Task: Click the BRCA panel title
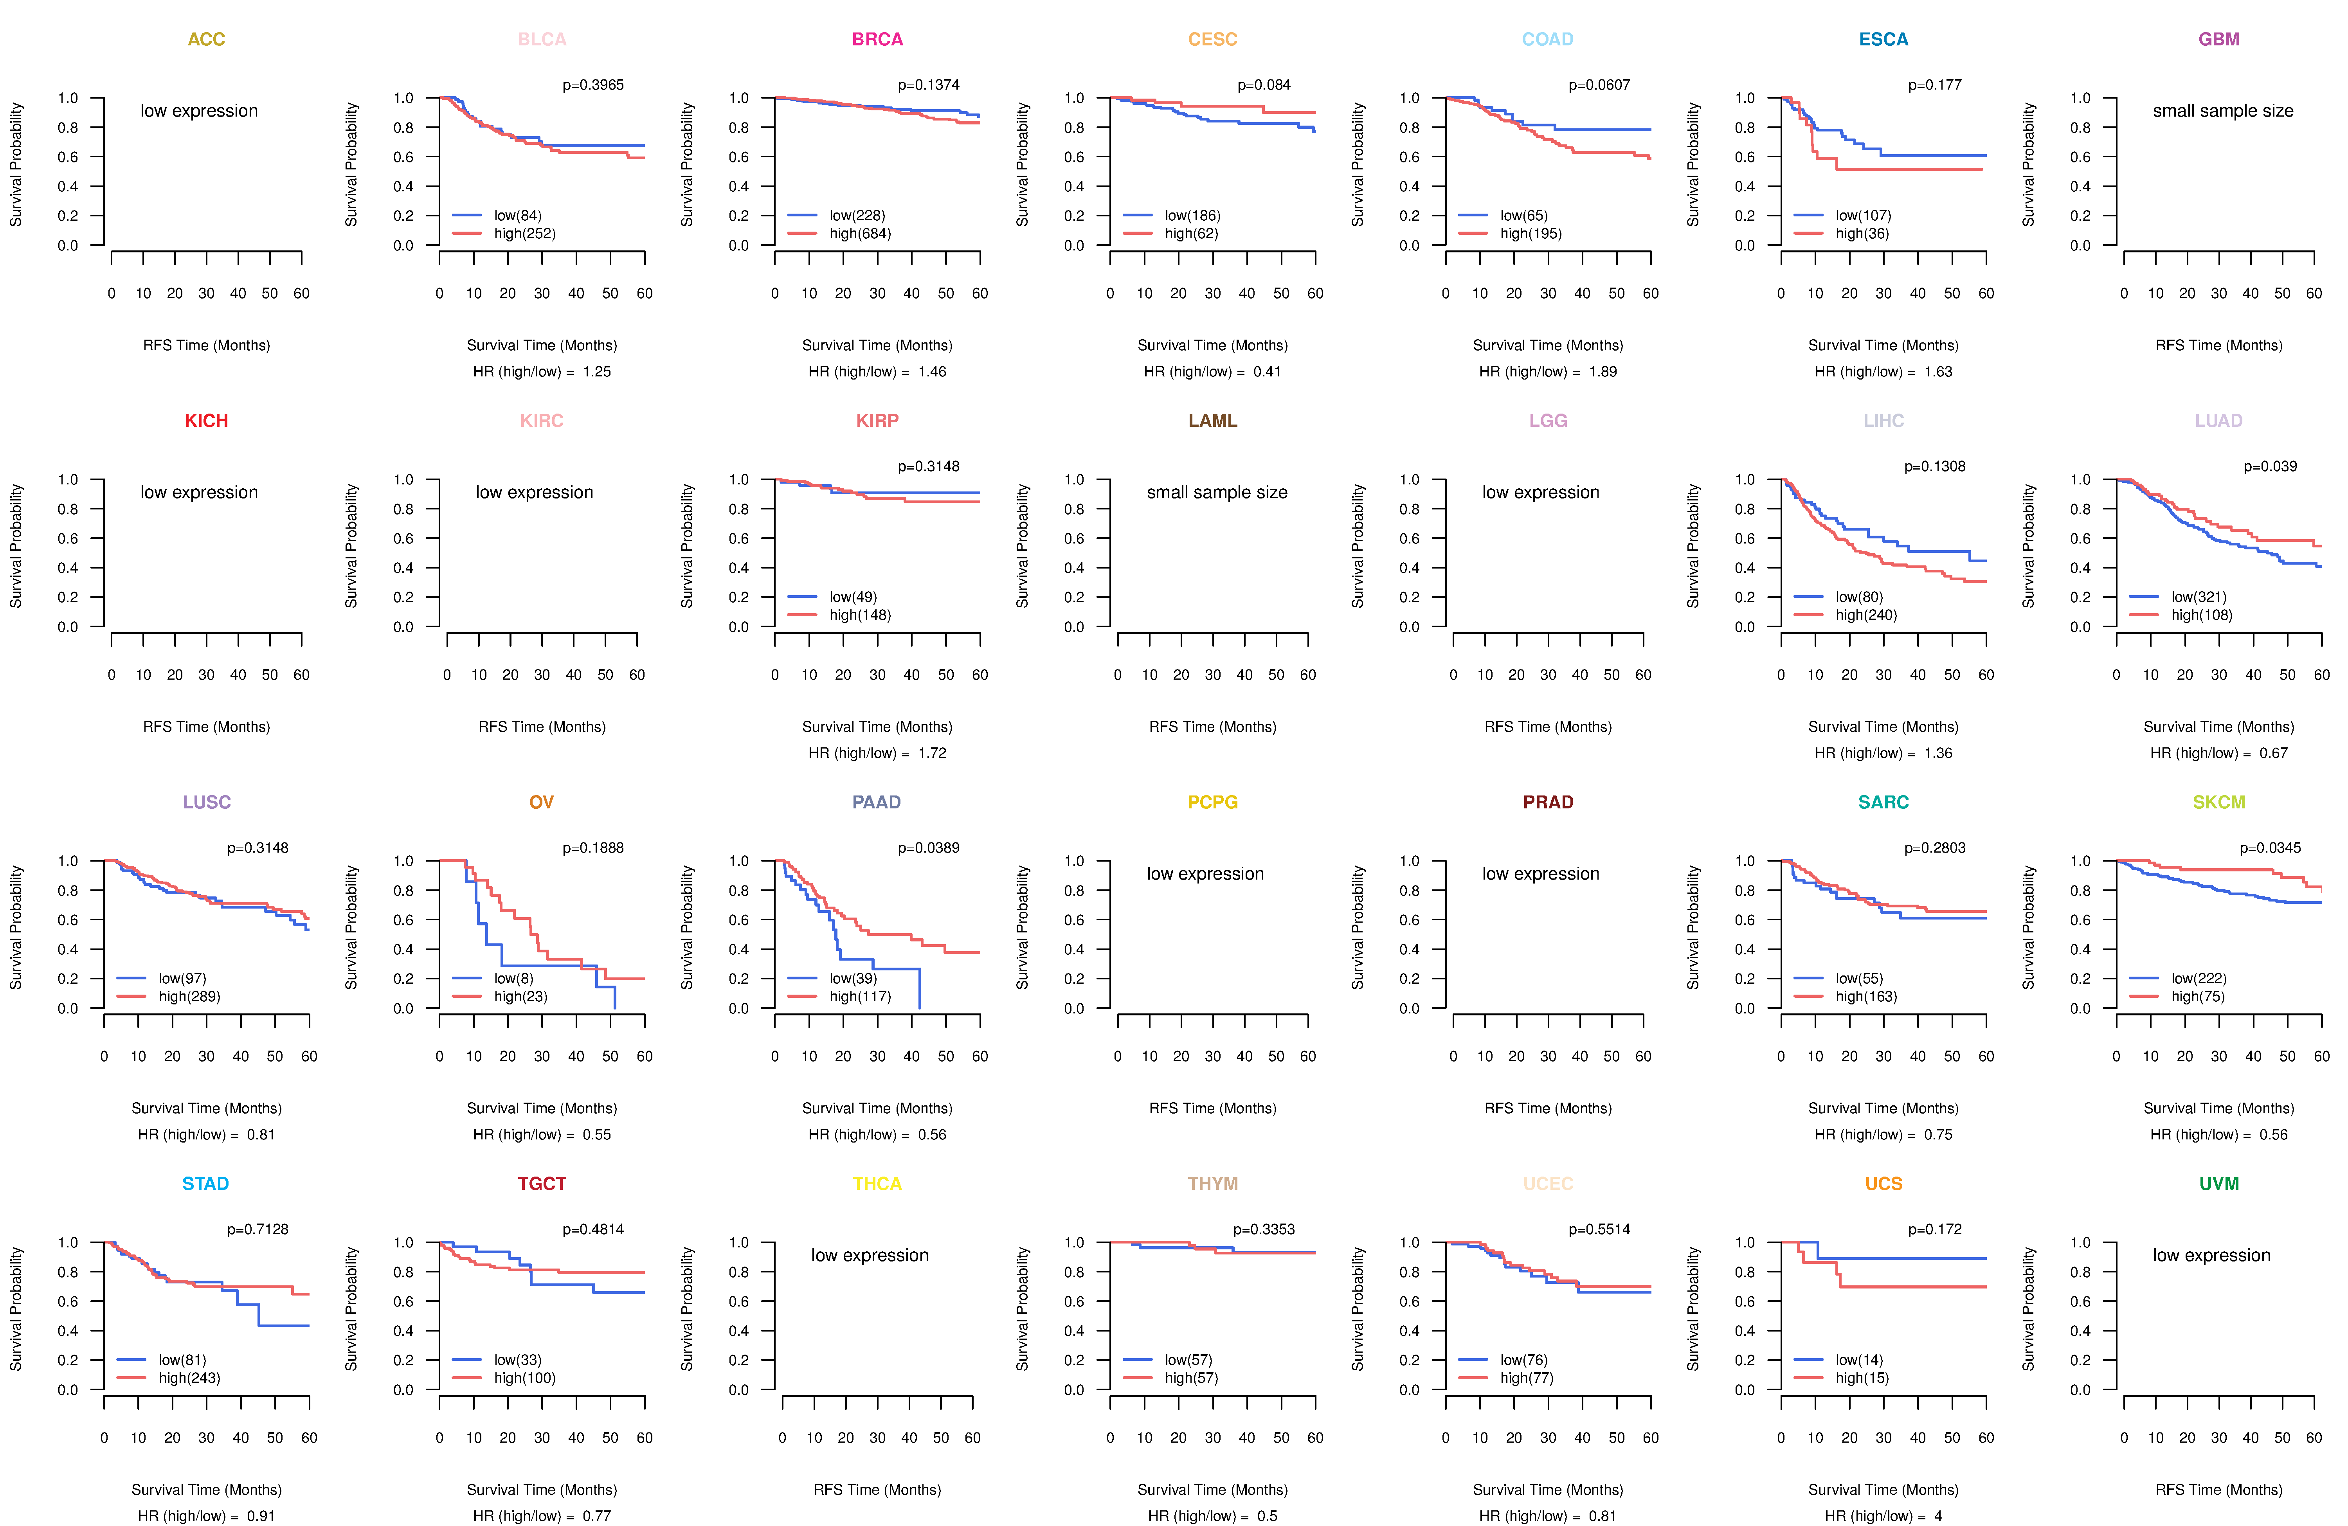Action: point(877,40)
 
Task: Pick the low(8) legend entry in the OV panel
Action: point(513,979)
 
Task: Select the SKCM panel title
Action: point(2219,802)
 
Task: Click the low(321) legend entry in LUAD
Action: point(2198,597)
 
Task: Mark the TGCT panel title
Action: point(542,1184)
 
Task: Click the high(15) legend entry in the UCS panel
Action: point(1862,1378)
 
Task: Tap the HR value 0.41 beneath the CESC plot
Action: point(1267,372)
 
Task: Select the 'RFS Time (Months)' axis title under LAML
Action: point(1212,727)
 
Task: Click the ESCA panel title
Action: point(1883,40)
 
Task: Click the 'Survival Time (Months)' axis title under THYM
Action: point(1212,1490)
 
